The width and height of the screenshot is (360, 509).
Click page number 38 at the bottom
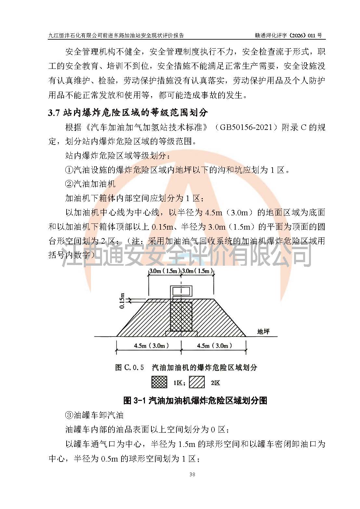pyautogui.click(x=192, y=475)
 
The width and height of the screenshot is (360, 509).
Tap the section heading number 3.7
pyautogui.click(x=53, y=113)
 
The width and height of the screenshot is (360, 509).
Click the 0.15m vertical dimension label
pyautogui.click(x=122, y=301)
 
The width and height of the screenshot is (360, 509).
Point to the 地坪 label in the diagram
pyautogui.click(x=263, y=331)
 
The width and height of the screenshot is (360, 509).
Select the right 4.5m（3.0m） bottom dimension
pyautogui.click(x=214, y=346)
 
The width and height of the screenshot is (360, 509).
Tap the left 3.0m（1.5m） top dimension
pyautogui.click(x=164, y=271)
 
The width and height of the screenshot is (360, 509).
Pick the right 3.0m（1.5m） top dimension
pyautogui.click(x=197, y=271)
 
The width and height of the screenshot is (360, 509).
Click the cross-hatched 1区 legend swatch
pyautogui.click(x=159, y=382)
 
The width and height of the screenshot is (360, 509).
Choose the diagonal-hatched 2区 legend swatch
pyautogui.click(x=197, y=382)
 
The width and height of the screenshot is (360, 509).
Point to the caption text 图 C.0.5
pyautogui.click(x=129, y=367)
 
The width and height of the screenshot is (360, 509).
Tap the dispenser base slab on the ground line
pyautogui.click(x=181, y=334)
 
